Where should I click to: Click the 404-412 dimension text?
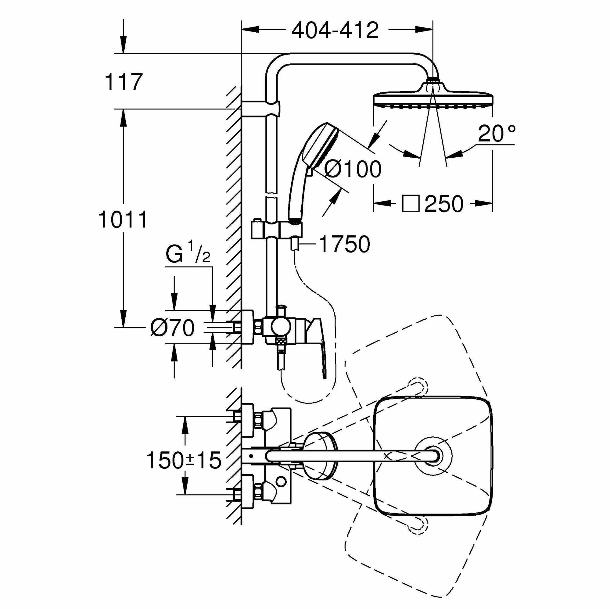tap(335, 31)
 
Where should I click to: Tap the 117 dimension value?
tap(124, 81)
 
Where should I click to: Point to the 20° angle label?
tap(497, 134)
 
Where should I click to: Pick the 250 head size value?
tap(443, 204)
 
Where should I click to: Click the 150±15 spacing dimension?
tap(183, 460)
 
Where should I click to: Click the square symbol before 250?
tap(411, 204)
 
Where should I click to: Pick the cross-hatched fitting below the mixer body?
tap(281, 341)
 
